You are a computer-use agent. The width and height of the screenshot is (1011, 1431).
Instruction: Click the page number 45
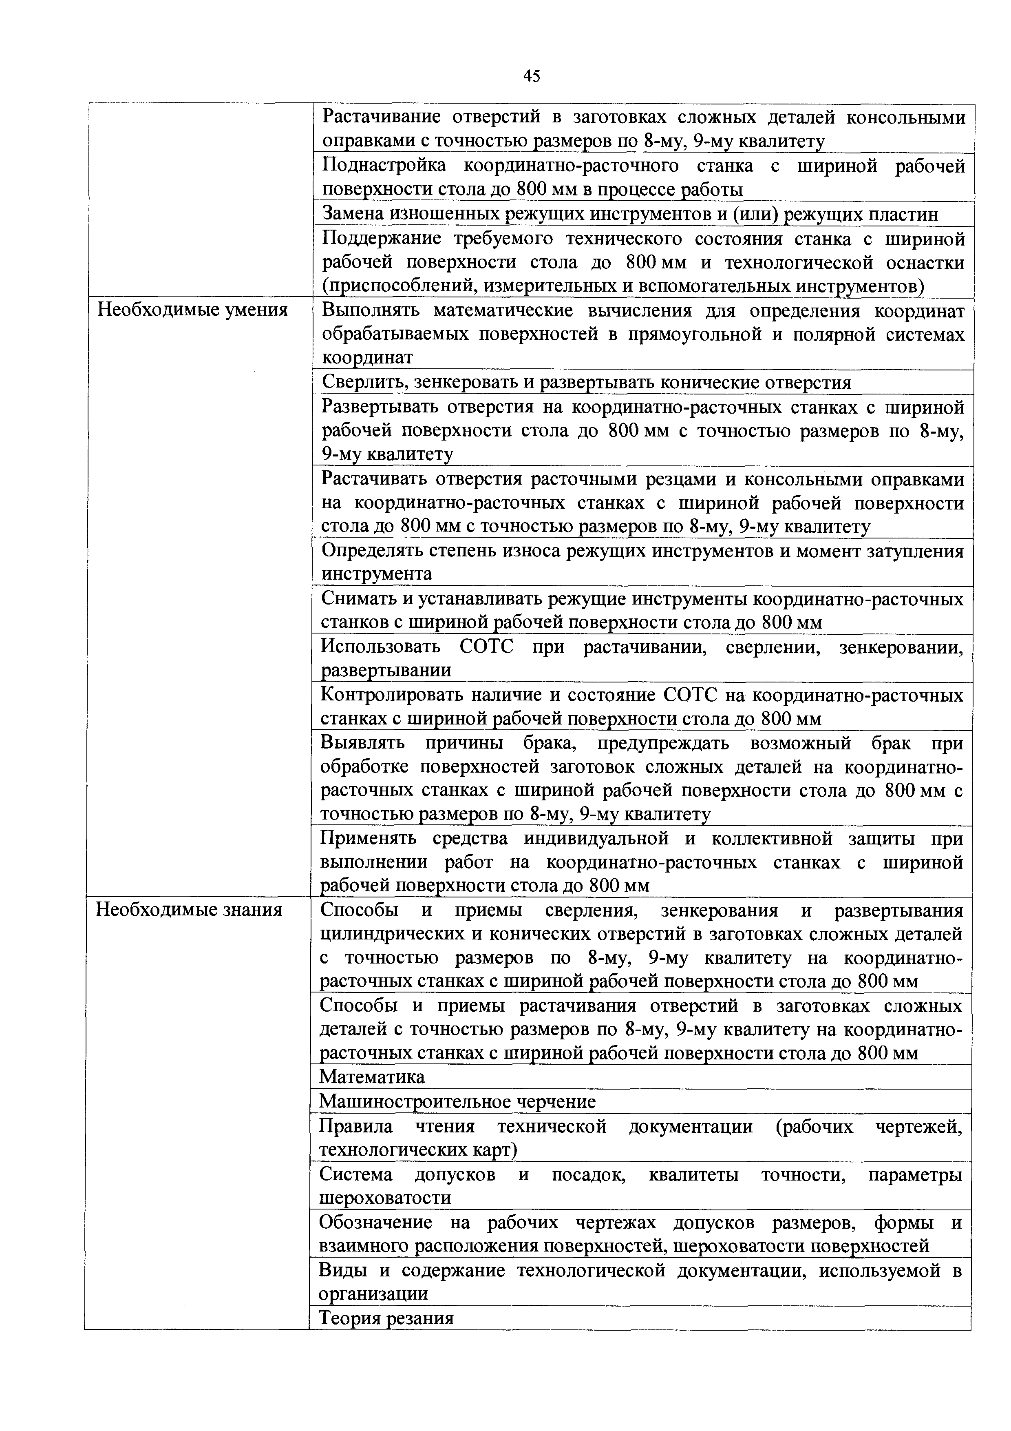[x=531, y=76]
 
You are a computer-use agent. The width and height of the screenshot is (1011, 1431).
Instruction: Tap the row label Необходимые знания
[x=189, y=910]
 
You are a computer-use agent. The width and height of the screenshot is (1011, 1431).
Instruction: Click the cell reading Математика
[x=372, y=1077]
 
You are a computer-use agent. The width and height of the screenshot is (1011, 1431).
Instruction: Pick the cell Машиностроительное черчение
[x=457, y=1102]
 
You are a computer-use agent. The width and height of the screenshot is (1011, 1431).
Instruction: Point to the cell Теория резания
[x=386, y=1318]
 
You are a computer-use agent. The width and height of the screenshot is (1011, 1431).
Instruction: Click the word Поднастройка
[x=384, y=166]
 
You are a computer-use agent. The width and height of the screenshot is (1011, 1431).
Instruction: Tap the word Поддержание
[x=382, y=239]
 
